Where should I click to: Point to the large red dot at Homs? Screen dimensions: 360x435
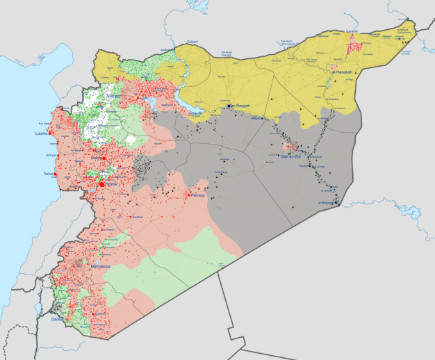[x=101, y=184]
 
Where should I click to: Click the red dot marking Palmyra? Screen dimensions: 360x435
[x=190, y=195]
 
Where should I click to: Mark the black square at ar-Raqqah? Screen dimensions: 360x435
[x=235, y=106]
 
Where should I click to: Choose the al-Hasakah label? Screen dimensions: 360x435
[x=343, y=72]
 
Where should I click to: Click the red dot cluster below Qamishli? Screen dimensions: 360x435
[x=354, y=46]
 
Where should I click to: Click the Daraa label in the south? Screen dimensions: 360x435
[x=57, y=319]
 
